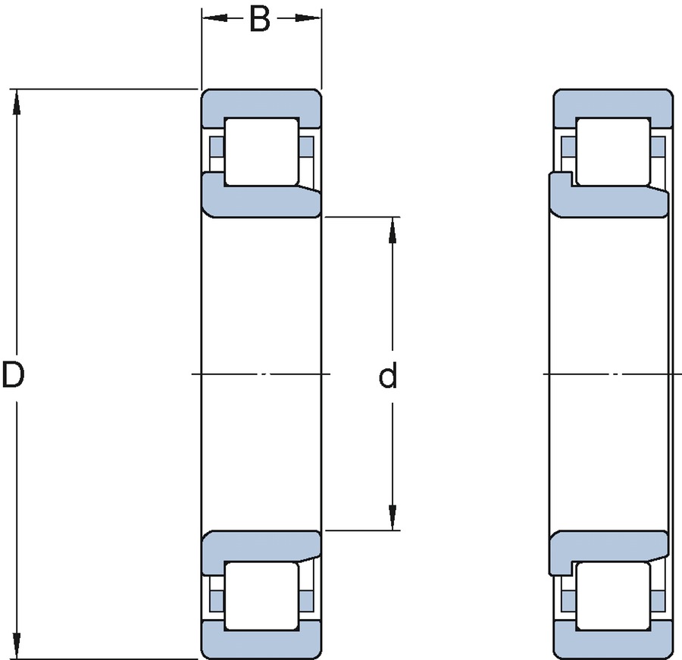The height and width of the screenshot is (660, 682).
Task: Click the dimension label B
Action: tap(260, 20)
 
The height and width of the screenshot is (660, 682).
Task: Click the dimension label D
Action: tap(14, 375)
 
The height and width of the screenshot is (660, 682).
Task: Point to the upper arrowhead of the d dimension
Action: tap(393, 229)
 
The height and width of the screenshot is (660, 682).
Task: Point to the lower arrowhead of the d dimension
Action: tap(393, 519)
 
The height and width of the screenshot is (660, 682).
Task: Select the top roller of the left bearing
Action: tap(261, 151)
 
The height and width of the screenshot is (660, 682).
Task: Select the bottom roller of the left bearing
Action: tap(261, 595)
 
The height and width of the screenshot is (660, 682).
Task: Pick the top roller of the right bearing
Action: tap(613, 151)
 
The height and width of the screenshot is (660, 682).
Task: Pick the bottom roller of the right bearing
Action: tap(613, 595)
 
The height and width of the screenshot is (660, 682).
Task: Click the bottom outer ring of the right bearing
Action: tap(613, 644)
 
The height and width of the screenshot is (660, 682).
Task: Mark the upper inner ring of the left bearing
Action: tap(261, 202)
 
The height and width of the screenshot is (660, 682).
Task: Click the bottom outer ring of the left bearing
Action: tap(261, 644)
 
